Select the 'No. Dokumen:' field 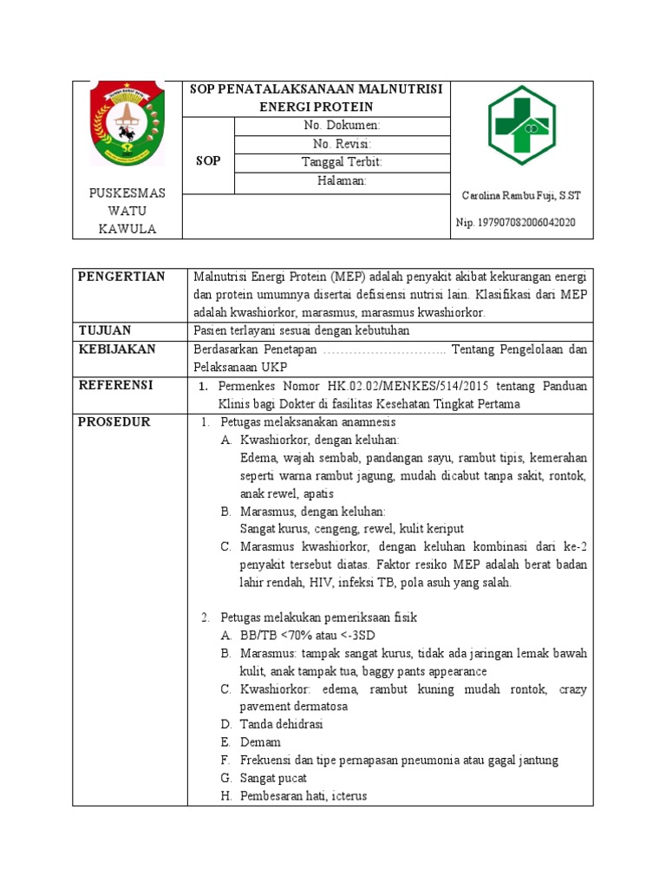pyautogui.click(x=341, y=126)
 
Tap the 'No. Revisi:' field pyautogui.click(x=341, y=144)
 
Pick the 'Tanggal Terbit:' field pyautogui.click(x=341, y=162)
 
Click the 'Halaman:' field pyautogui.click(x=341, y=180)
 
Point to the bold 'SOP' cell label pyautogui.click(x=208, y=161)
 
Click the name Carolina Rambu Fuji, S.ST pyautogui.click(x=521, y=196)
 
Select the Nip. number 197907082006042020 pyautogui.click(x=515, y=223)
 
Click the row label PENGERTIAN pyautogui.click(x=121, y=277)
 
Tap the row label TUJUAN pyautogui.click(x=105, y=330)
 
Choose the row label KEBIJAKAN pyautogui.click(x=117, y=349)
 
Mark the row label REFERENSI pyautogui.click(x=115, y=385)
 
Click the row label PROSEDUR pyautogui.click(x=114, y=421)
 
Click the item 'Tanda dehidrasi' pyautogui.click(x=282, y=724)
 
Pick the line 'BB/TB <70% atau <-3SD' pyautogui.click(x=300, y=636)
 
